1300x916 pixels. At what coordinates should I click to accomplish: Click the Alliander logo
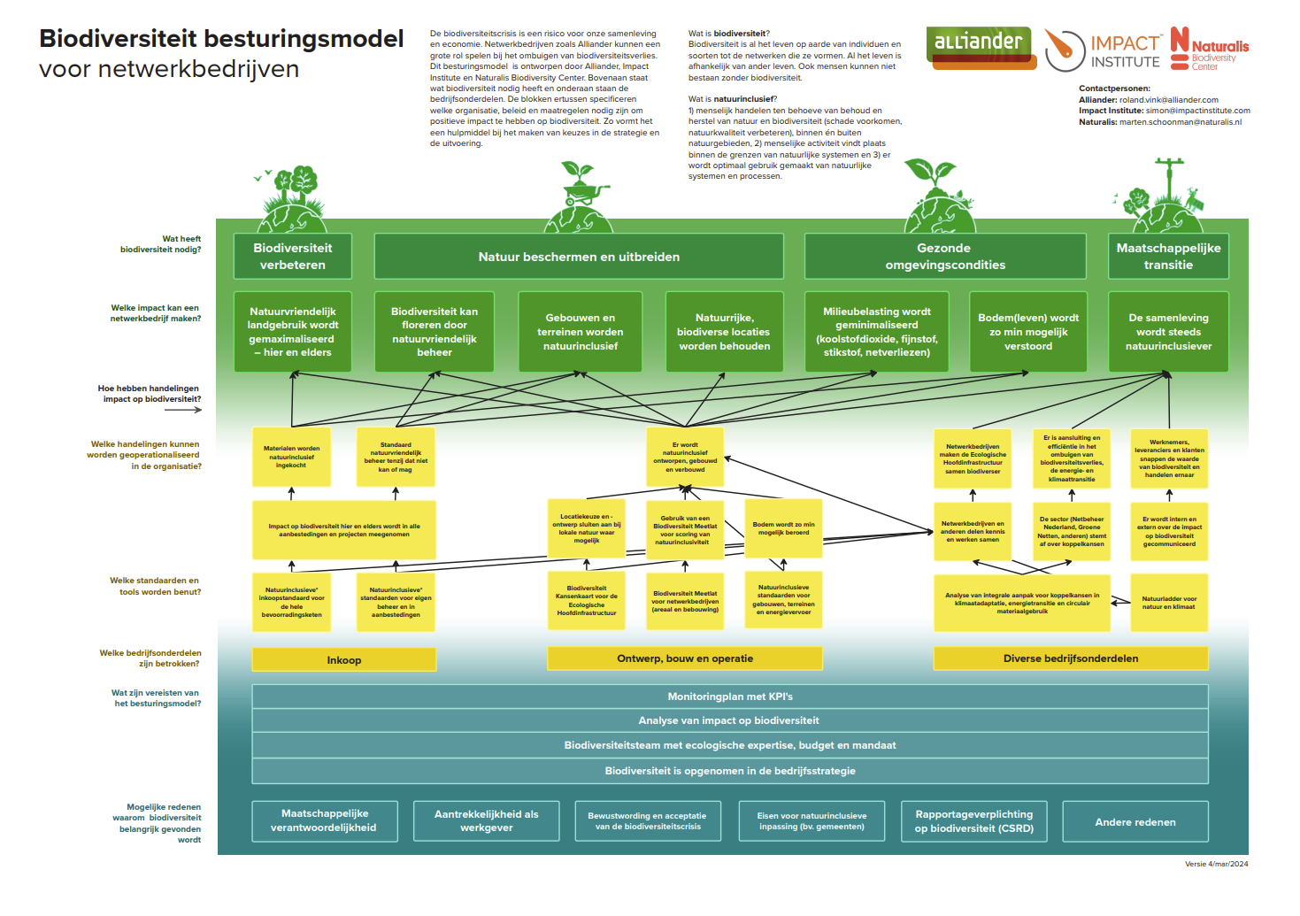(x=979, y=47)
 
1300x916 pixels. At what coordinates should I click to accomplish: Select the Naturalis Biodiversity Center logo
(x=1209, y=49)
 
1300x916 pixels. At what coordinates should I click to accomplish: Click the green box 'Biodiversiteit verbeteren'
(x=293, y=257)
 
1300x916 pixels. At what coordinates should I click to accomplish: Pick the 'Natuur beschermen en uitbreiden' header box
(x=579, y=257)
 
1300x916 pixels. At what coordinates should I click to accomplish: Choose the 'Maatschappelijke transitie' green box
(x=1168, y=257)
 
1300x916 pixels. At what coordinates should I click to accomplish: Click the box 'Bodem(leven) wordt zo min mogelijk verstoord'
(x=1028, y=332)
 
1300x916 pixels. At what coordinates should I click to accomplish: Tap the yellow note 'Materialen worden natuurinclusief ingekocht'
(x=291, y=457)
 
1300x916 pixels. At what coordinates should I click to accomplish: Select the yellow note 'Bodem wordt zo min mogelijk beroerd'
(x=783, y=528)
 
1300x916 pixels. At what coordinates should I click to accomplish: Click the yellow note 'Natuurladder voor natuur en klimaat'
(x=1168, y=603)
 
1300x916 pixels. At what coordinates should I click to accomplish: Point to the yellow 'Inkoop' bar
(x=344, y=660)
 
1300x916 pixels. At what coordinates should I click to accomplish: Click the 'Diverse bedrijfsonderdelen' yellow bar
(x=1071, y=658)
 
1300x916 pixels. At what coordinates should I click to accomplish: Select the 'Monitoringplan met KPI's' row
(x=730, y=697)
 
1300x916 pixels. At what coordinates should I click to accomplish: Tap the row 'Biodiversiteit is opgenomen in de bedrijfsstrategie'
(x=730, y=771)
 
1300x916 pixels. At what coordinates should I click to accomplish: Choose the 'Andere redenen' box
(x=1135, y=822)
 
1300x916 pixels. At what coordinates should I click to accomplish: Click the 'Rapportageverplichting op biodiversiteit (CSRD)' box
(x=973, y=821)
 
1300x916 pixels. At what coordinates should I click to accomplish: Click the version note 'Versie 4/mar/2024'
(x=1216, y=864)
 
